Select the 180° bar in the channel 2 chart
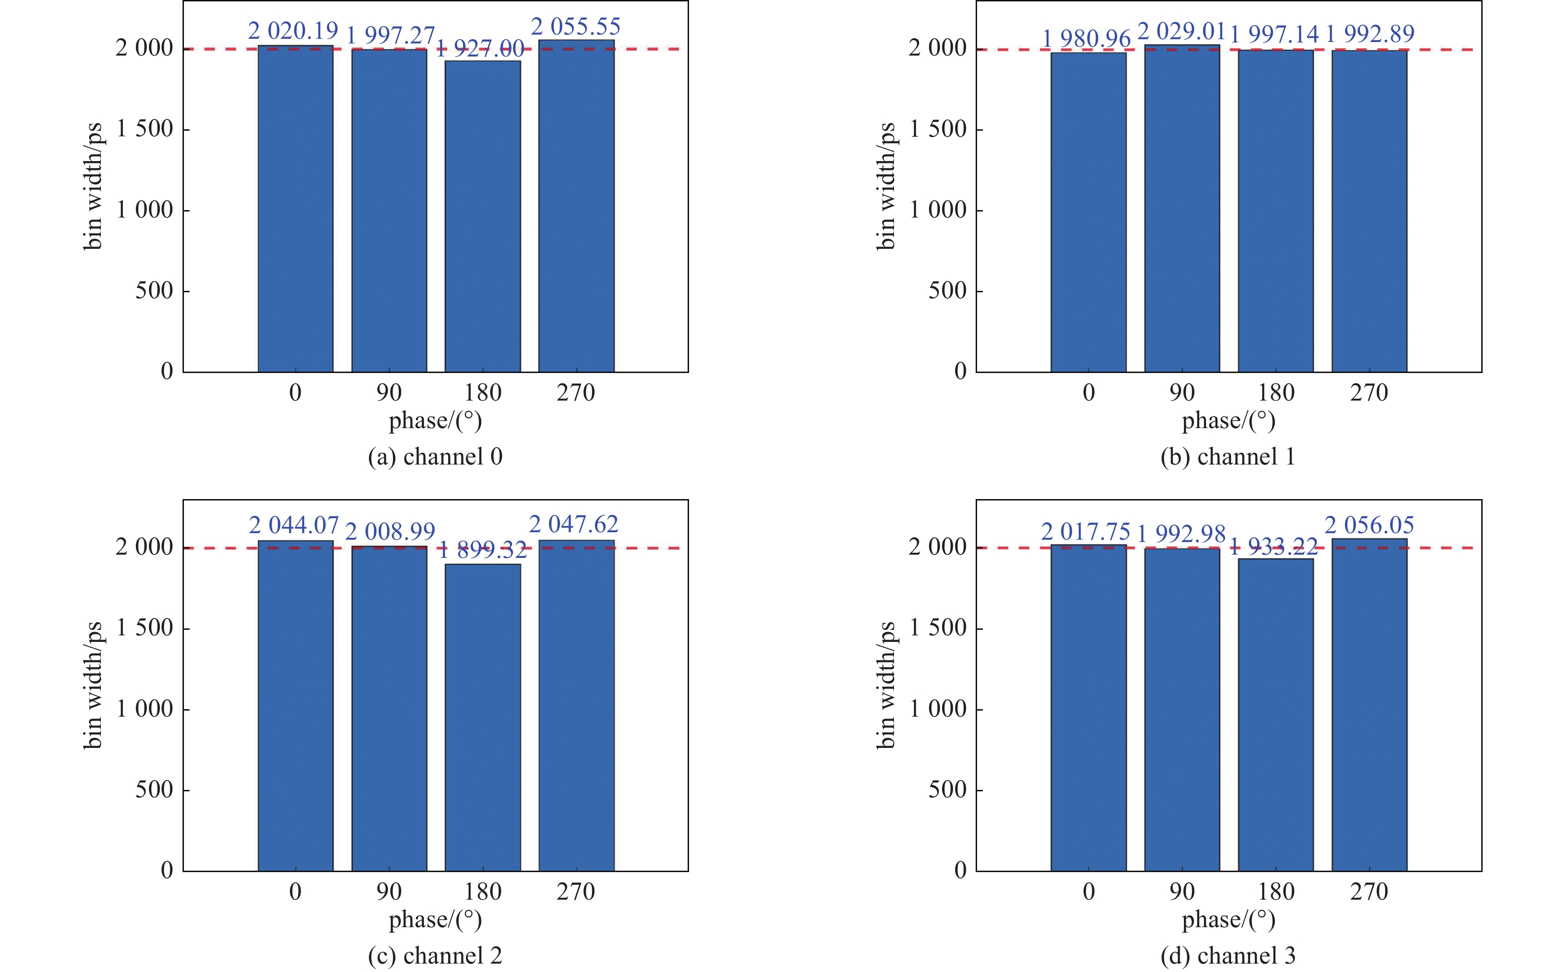point(483,717)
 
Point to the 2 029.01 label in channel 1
point(1182,31)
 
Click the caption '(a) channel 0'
point(435,457)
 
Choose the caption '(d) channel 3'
point(1228,955)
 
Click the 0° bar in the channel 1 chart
point(1088,212)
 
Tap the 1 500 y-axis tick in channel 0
point(145,129)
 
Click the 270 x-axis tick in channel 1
point(1369,393)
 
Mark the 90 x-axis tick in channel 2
point(389,892)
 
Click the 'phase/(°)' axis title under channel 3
point(1228,920)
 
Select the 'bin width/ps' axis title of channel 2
point(93,685)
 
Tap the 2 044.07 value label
point(294,526)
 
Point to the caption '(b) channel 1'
point(1228,457)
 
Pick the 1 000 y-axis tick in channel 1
point(938,210)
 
